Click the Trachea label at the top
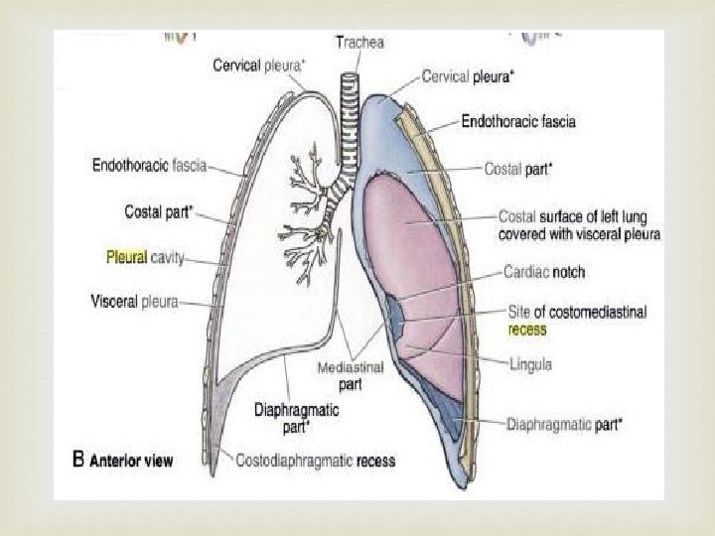[359, 43]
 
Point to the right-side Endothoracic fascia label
[518, 122]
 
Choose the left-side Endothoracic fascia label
[150, 166]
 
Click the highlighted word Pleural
[126, 256]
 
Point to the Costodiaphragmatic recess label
[316, 461]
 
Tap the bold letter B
[79, 460]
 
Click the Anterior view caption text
[132, 461]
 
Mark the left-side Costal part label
[159, 211]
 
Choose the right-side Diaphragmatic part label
[564, 424]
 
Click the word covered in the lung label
[527, 235]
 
